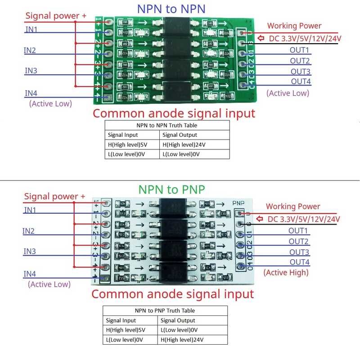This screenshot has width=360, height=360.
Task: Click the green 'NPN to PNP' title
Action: point(171,189)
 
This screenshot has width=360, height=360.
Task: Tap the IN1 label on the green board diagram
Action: point(31,29)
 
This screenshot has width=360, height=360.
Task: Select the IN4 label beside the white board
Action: point(30,274)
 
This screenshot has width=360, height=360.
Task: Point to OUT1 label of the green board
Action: point(299,50)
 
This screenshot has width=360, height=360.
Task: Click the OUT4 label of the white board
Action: point(299,262)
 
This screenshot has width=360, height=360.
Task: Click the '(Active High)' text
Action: point(286,272)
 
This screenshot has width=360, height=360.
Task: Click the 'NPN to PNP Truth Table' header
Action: point(165,310)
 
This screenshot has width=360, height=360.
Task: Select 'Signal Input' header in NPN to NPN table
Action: point(123,135)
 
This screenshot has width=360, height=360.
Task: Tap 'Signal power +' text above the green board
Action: point(56,16)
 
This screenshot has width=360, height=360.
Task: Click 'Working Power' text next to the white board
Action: point(293,207)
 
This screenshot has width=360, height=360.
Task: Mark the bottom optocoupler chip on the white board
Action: point(177,271)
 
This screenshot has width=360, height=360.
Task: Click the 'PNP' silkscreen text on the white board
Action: point(239,203)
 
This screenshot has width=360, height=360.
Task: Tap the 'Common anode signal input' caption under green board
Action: point(174,113)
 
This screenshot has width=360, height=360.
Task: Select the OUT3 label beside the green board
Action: point(300,72)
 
